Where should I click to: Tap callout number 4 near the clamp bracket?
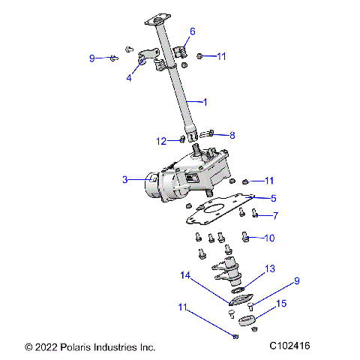[129, 77]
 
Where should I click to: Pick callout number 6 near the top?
[192, 31]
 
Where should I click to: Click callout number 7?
[275, 215]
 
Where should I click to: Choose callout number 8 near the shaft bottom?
[232, 136]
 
